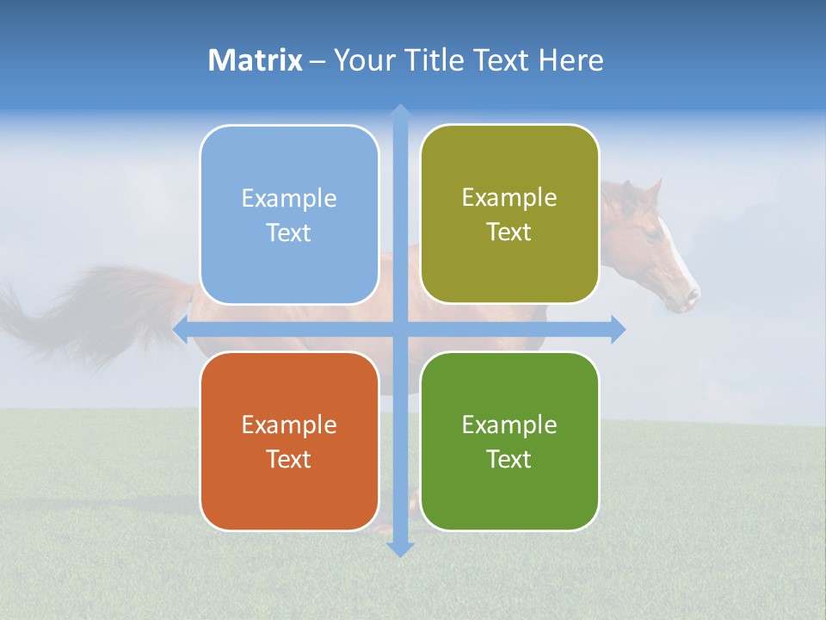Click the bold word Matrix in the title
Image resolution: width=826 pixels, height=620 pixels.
click(255, 60)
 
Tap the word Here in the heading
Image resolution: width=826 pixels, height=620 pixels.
click(570, 60)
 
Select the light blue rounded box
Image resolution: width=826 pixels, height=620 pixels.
click(289, 214)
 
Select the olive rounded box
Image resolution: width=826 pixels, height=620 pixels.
click(509, 214)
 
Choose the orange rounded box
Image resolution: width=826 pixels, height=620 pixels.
click(289, 441)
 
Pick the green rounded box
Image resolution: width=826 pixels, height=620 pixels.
click(509, 441)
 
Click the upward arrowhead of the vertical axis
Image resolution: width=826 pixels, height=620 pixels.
click(399, 112)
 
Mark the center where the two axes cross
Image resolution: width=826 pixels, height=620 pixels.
click(399, 329)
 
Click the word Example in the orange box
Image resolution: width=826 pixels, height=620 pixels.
click(289, 425)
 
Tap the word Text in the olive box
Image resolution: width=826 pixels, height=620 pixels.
click(509, 232)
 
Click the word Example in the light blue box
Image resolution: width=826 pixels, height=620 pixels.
click(289, 198)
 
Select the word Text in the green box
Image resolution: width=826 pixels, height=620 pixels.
click(509, 459)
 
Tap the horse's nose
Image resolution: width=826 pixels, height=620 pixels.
click(691, 298)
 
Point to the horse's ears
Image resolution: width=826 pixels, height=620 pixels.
click(641, 191)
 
